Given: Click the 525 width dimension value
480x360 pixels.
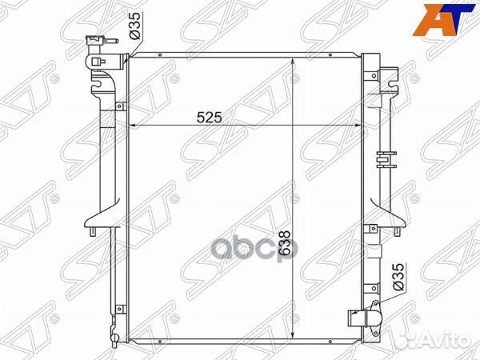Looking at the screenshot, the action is [209, 118].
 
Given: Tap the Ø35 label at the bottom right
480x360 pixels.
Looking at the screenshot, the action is [398, 277].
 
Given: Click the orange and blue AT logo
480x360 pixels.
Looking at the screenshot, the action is [443, 19].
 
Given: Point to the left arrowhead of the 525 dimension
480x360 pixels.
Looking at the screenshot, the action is [132, 126].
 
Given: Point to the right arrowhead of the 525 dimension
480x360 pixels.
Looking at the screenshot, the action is [358, 126].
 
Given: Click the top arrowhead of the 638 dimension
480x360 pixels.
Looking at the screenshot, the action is [293, 61].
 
